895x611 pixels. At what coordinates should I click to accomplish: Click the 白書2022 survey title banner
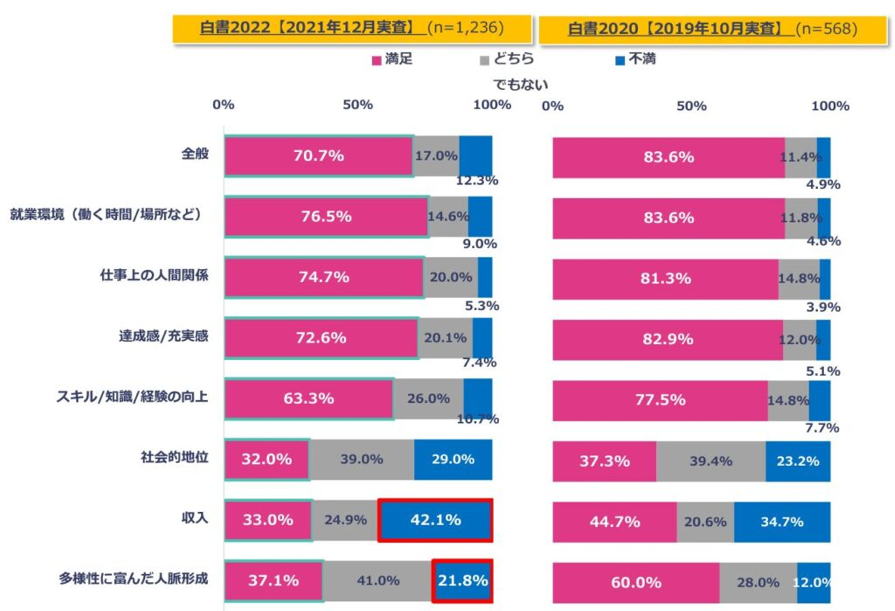(352, 28)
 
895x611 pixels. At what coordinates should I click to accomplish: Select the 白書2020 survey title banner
(712, 29)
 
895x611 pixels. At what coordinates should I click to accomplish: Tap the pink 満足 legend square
(376, 60)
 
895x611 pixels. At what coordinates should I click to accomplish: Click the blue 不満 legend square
(620, 60)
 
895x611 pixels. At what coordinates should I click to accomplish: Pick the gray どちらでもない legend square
(484, 60)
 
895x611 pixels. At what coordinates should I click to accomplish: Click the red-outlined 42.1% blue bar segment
(435, 520)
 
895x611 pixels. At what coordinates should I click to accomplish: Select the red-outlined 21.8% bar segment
(462, 581)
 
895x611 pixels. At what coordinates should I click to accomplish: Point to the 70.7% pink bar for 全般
(319, 155)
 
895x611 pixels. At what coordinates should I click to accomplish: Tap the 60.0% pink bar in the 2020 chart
(636, 582)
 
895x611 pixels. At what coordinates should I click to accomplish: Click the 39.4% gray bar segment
(710, 461)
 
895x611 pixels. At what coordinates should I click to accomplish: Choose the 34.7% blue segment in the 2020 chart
(782, 522)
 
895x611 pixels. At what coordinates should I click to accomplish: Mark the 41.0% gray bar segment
(378, 581)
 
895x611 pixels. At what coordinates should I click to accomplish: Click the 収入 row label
(195, 518)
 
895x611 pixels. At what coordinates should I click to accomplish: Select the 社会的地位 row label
(174, 457)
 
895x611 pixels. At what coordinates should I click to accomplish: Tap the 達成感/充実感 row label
(163, 336)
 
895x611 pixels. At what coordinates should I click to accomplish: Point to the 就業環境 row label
(106, 214)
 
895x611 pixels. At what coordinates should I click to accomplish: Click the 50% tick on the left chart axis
(358, 104)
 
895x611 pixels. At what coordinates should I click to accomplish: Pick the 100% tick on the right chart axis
(830, 106)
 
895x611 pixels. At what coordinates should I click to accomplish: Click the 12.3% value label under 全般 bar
(477, 181)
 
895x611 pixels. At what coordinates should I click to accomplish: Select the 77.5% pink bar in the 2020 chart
(660, 400)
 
